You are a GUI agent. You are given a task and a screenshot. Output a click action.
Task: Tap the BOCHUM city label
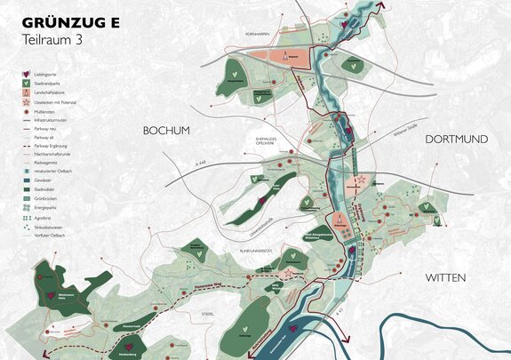coord(167,132)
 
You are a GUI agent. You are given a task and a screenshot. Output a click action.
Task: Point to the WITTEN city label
coord(445,278)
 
